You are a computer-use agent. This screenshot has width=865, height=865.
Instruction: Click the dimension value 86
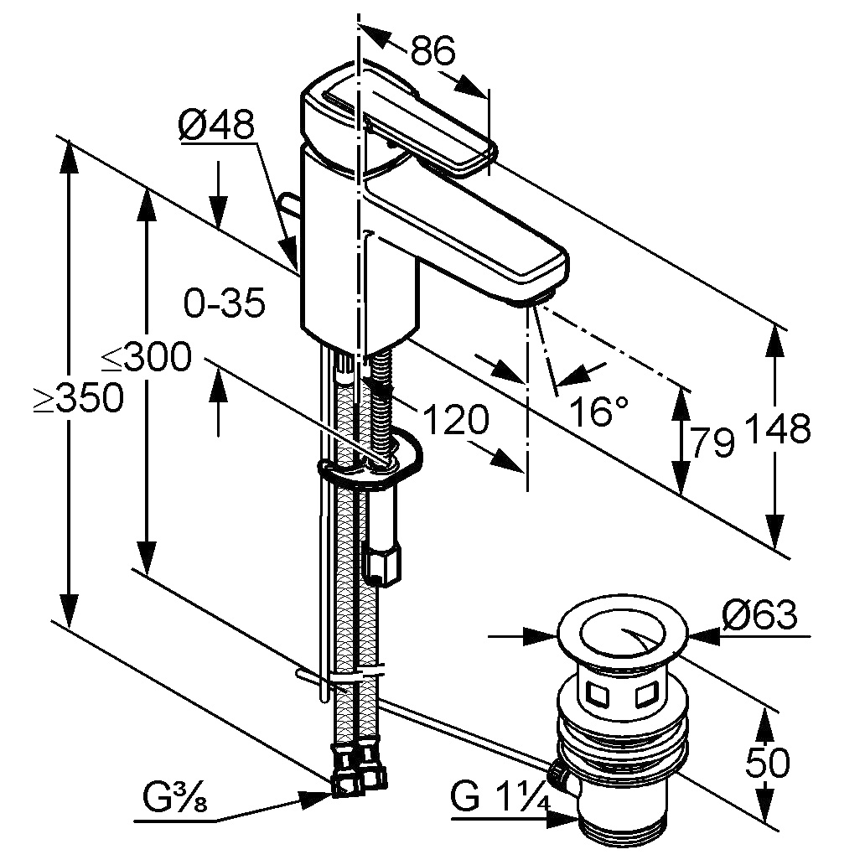pyautogui.click(x=432, y=52)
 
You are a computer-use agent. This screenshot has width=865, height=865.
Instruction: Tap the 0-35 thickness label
pyautogui.click(x=225, y=303)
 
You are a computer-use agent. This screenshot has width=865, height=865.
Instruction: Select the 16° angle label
pyautogui.click(x=598, y=411)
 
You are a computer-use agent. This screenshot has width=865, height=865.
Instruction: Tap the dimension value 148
pyautogui.click(x=777, y=429)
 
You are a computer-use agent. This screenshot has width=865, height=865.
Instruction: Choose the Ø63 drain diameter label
pyautogui.click(x=758, y=616)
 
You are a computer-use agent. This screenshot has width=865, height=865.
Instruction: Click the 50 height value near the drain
pyautogui.click(x=766, y=763)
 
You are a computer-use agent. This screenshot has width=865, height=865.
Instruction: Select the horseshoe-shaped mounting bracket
pyautogui.click(x=373, y=465)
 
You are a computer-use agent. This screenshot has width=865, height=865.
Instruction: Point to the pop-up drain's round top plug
pyautogui.click(x=622, y=629)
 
